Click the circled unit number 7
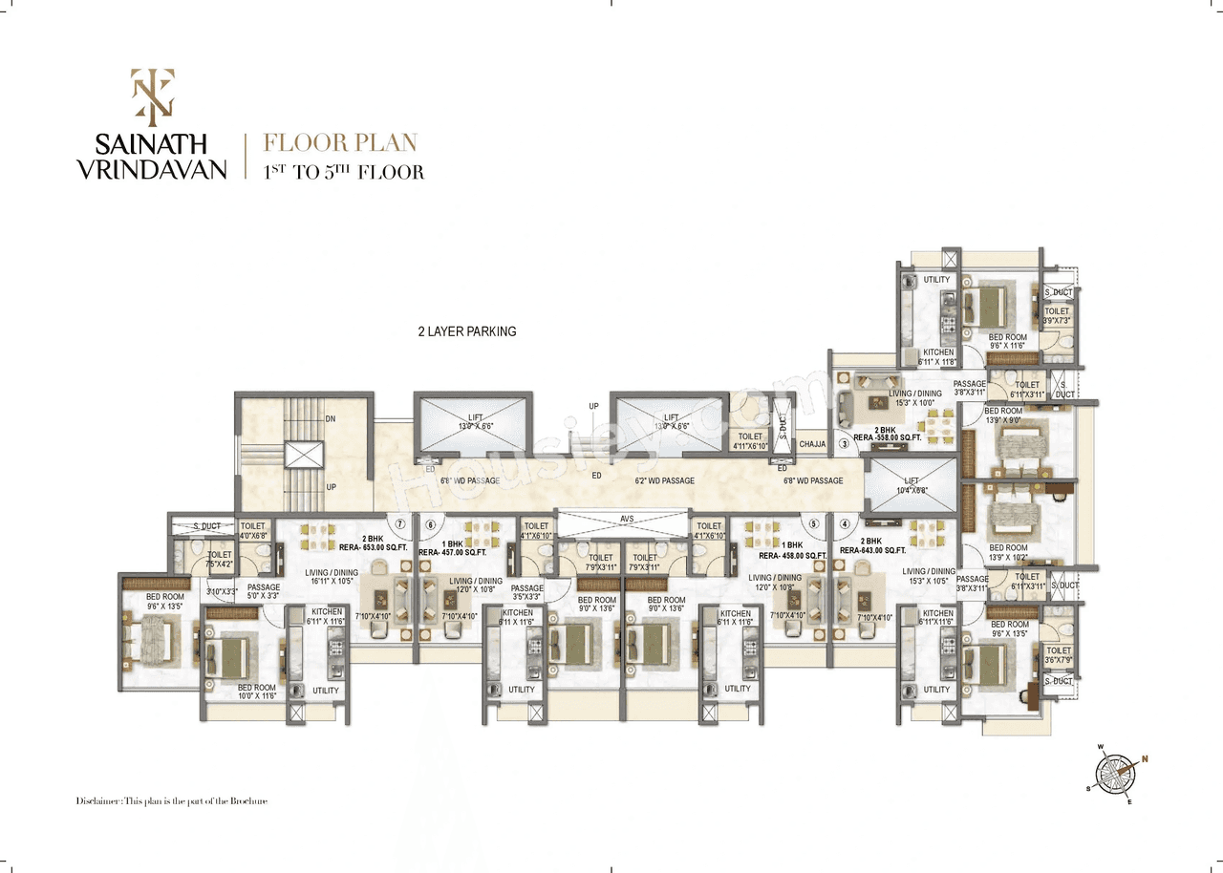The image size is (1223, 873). click(x=401, y=524)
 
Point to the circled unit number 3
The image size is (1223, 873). click(x=844, y=443)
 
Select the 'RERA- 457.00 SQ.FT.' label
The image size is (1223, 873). click(x=452, y=552)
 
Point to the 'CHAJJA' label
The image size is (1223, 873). click(x=812, y=444)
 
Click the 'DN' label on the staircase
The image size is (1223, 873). click(x=330, y=418)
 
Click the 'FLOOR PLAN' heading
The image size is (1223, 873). click(x=341, y=143)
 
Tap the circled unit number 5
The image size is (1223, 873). click(x=813, y=523)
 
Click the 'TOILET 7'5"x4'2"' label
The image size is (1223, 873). click(x=220, y=559)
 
